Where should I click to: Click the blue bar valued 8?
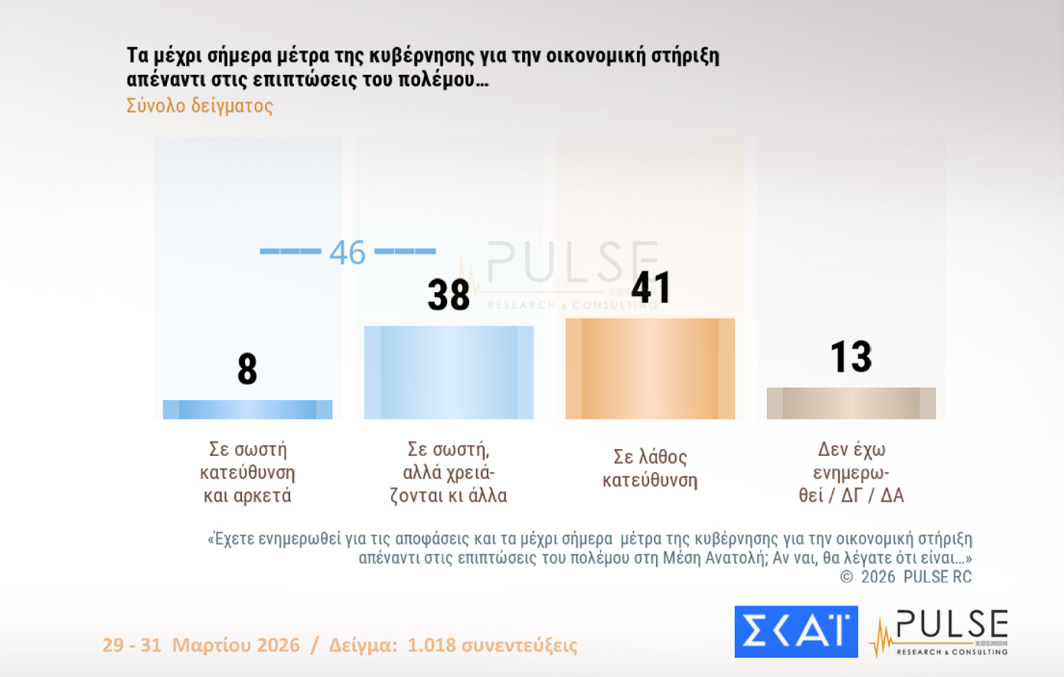coord(247,409)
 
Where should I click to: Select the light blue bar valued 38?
coord(449,373)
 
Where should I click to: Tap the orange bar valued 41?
coord(650,369)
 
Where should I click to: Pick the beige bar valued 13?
coord(851,403)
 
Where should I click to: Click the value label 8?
coord(247,369)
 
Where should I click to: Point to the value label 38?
coord(449,295)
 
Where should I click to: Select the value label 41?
coord(651,288)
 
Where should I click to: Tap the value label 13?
coord(851,356)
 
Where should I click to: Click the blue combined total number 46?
coord(348,252)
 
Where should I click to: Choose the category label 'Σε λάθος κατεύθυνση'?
coord(650,468)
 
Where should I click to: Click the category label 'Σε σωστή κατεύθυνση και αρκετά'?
coord(247,472)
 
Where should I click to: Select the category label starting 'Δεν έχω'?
coord(851,472)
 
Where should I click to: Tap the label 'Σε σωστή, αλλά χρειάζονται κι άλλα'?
coord(449,472)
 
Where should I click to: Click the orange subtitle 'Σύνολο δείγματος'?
coord(200,106)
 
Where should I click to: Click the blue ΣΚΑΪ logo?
coord(796,632)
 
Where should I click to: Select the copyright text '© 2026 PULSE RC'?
coord(906,577)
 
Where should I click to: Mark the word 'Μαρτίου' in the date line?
coord(236,645)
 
